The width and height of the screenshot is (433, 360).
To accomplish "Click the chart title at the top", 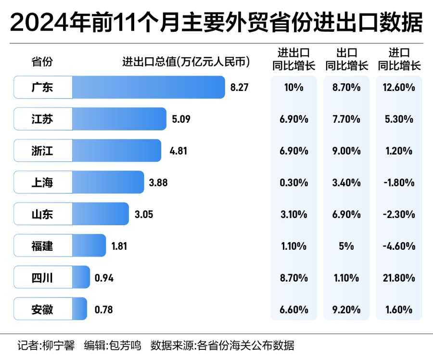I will coord(216,23).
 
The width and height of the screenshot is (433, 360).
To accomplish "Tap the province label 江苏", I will coord(42,119).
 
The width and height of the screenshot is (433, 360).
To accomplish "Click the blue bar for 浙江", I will coord(116,151).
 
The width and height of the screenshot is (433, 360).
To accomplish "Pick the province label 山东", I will coord(42,214).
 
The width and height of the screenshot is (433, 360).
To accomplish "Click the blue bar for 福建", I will coord(89,246).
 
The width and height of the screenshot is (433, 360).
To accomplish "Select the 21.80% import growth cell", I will coord(399,278).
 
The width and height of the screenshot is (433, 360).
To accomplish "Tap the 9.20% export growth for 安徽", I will coord(346,309).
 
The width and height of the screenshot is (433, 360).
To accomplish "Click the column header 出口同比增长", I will coord(346,59).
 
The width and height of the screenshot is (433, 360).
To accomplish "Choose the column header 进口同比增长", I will coord(399,59).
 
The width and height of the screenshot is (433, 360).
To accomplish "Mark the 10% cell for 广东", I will coord(293,88).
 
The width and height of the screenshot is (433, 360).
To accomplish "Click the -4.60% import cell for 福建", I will coord(399,246).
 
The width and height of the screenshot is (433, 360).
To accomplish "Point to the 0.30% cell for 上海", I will coord(293,182).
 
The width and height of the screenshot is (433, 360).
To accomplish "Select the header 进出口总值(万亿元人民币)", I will coord(187,62).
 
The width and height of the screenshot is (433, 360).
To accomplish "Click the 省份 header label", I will coord(42,62).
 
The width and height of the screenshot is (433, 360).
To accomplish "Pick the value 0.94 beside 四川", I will coord(104,278).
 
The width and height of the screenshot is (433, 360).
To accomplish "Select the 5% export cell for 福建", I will coord(346,246).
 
